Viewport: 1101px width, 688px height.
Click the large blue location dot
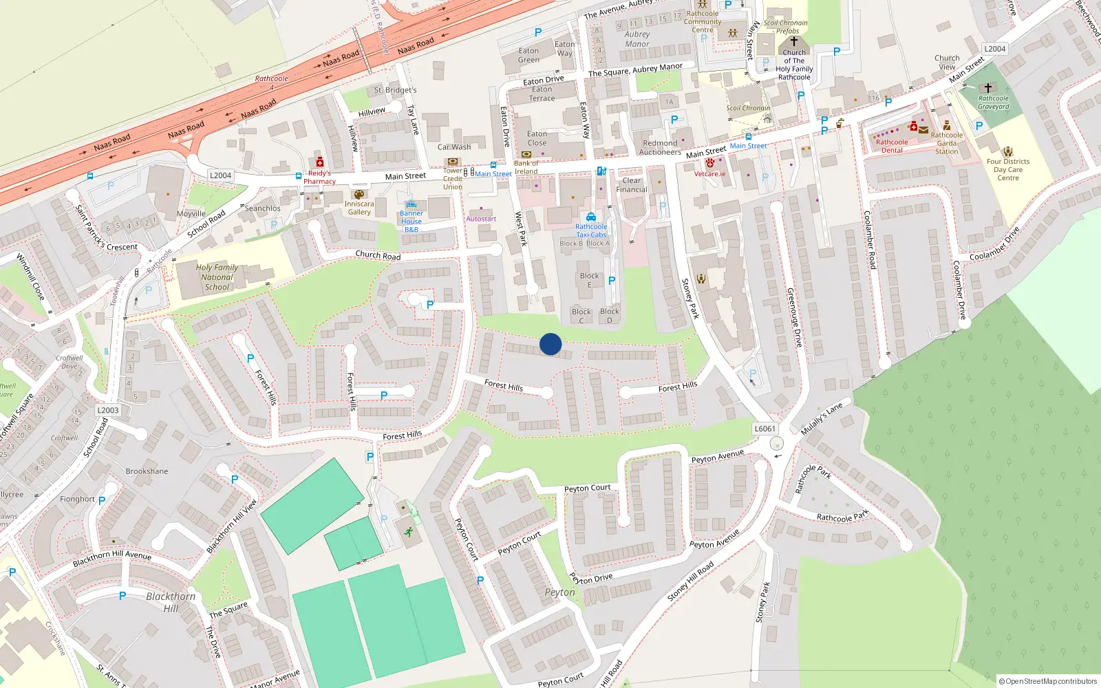coord(550,344)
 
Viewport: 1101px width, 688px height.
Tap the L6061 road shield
coord(765,429)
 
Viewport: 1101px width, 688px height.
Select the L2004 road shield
coord(220,175)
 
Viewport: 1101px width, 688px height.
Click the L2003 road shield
coord(108,410)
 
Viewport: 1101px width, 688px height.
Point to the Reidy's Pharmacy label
coord(319,178)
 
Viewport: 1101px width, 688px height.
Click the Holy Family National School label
coord(217,277)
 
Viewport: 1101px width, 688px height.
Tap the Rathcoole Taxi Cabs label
coord(591,230)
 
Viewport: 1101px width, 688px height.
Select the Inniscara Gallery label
coord(359,208)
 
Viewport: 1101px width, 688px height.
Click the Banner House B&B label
coord(411,222)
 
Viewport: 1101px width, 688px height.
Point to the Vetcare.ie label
coord(709,174)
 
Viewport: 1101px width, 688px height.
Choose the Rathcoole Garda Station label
coord(947,143)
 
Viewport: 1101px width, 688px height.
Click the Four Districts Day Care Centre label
coord(1008,170)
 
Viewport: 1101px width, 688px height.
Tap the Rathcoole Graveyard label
coord(994,103)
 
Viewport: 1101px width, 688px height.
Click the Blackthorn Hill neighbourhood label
coord(171,602)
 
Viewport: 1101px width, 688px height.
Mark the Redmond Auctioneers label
coord(660,148)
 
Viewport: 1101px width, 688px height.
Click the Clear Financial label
coord(632,185)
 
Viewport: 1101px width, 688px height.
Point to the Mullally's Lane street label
coord(822,419)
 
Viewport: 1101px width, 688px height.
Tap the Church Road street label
coord(378,255)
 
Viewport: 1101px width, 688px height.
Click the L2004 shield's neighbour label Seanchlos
coord(263,208)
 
